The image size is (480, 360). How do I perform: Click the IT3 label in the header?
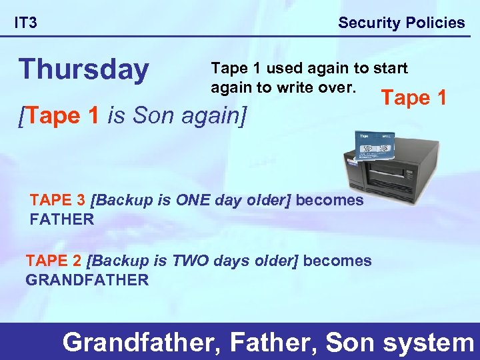tap(26, 23)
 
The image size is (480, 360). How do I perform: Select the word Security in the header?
tap(367, 23)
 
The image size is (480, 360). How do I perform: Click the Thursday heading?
tap(84, 69)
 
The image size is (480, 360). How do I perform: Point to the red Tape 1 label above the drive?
tap(413, 98)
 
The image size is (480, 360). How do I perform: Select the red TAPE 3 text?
tap(58, 200)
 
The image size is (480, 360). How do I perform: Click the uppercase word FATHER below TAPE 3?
tap(62, 219)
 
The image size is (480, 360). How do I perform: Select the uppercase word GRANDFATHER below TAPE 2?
tap(87, 280)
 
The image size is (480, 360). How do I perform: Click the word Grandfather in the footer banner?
tap(142, 342)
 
